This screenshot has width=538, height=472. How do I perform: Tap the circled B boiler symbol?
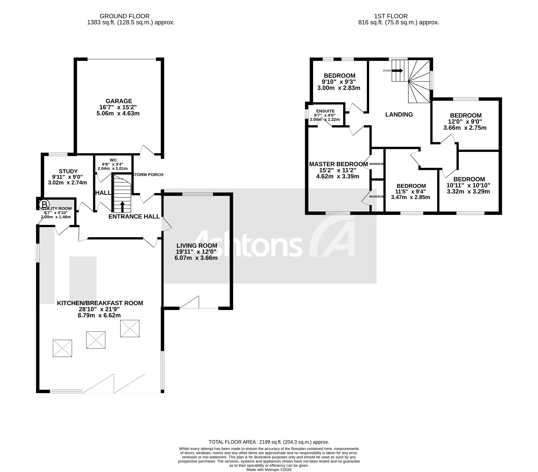(44, 204)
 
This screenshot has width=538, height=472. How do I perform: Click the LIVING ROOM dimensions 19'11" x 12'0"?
(196, 252)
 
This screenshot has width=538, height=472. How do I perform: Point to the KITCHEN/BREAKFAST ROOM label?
(100, 303)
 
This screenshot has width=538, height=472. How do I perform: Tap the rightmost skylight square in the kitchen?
(130, 328)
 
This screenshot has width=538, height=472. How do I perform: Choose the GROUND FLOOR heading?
(125, 16)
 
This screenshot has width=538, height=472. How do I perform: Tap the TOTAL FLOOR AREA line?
(269, 442)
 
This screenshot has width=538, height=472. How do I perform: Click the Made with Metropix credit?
(269, 470)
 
